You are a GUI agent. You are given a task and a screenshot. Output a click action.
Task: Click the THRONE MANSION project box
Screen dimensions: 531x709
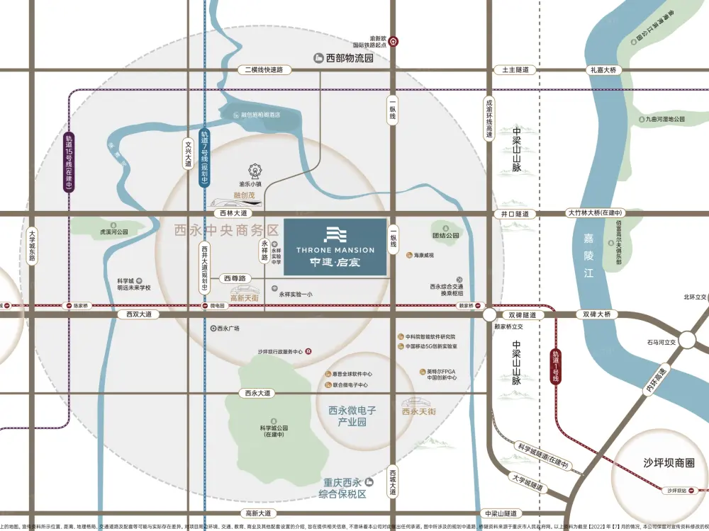[335, 246]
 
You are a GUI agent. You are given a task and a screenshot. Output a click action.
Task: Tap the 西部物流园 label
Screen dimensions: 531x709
[345, 58]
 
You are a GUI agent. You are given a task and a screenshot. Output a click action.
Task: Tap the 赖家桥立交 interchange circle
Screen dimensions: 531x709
[489, 314]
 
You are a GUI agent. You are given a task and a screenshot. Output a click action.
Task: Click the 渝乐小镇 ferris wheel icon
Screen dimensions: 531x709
[254, 171]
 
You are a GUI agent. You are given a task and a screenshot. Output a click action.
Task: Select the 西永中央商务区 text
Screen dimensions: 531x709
[227, 230]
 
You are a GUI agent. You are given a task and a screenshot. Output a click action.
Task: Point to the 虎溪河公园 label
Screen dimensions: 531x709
[113, 232]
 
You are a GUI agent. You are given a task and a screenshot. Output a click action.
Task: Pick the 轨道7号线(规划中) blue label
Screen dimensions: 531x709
[204, 158]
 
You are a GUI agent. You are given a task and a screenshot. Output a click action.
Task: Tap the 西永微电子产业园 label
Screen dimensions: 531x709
[352, 416]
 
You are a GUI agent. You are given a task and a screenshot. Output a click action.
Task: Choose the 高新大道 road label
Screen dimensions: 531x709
[258, 513]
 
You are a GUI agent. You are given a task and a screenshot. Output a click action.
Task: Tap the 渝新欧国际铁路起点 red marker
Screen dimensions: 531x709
[393, 42]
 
